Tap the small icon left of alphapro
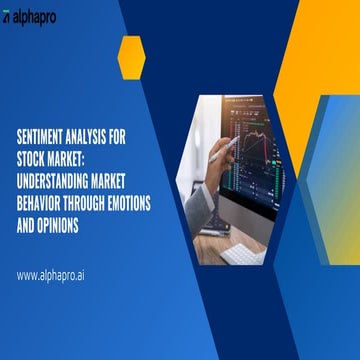(x=8, y=19)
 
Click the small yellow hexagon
(x=131, y=56)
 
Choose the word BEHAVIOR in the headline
(x=43, y=185)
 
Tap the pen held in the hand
(x=222, y=150)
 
